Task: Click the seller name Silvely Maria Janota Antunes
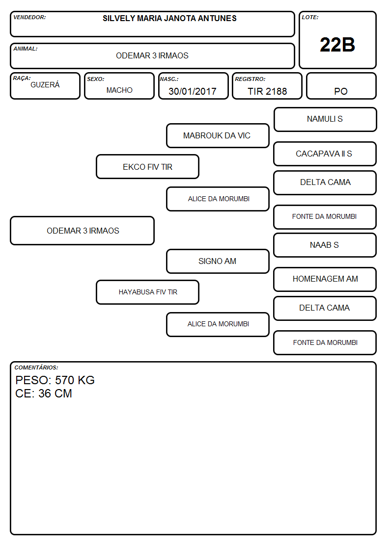(169, 18)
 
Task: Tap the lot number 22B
(337, 45)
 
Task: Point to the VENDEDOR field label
(29, 17)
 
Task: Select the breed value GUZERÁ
(45, 85)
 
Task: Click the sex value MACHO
(119, 90)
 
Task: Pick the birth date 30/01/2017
(193, 91)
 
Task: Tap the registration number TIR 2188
(267, 91)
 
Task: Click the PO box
(341, 86)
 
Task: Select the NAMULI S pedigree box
(325, 120)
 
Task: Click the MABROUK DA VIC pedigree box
(218, 135)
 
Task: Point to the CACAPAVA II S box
(325, 154)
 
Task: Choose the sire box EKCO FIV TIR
(148, 167)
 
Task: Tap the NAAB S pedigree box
(325, 245)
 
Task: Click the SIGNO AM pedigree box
(218, 262)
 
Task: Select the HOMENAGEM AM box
(325, 279)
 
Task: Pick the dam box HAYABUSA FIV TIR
(148, 292)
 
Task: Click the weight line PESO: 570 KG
(55, 380)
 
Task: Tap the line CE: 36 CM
(44, 394)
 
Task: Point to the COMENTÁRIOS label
(36, 367)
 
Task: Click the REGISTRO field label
(250, 79)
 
